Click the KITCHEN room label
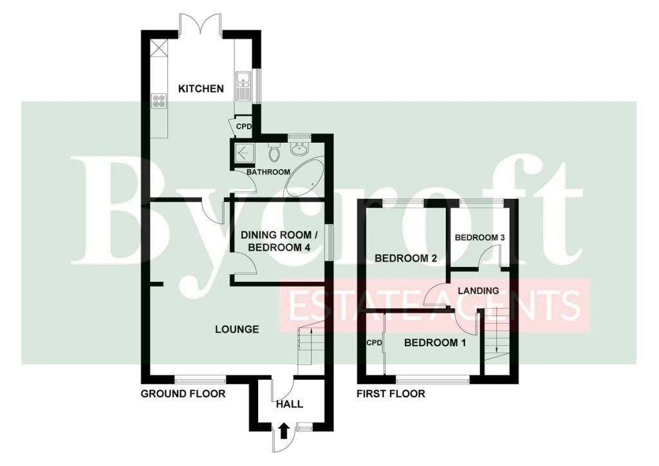[x=201, y=89]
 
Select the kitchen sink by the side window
[x=243, y=86]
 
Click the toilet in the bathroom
[x=274, y=153]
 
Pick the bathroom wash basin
[x=299, y=149]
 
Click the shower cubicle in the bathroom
[x=243, y=153]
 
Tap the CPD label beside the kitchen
[x=243, y=126]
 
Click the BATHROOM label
[x=268, y=172]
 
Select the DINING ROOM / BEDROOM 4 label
[x=279, y=241]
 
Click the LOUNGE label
[x=237, y=330]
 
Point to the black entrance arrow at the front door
[x=284, y=431]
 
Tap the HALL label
[x=290, y=404]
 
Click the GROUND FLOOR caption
[x=183, y=394]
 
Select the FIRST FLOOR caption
[x=391, y=394]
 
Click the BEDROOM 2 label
[x=406, y=258]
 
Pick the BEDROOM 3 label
[x=479, y=238]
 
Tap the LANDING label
[x=478, y=290]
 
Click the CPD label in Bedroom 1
[x=374, y=343]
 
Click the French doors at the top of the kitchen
[x=201, y=25]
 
